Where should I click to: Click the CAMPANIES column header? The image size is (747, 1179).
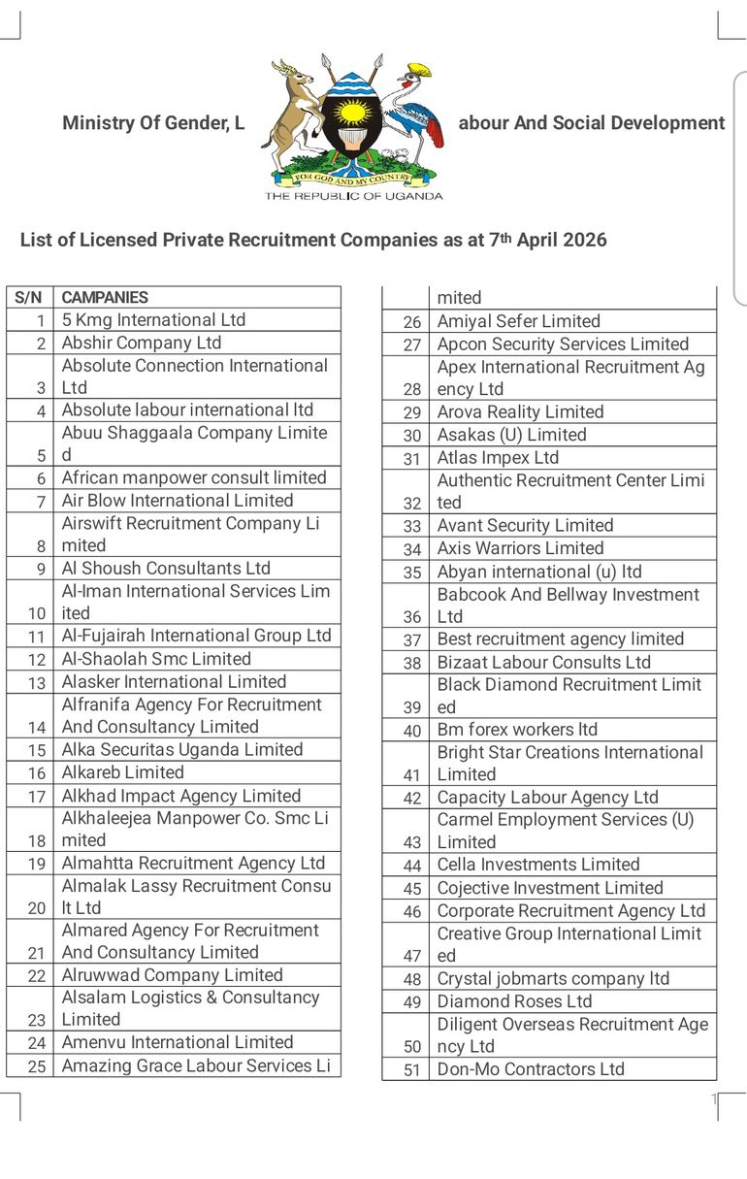click(x=105, y=298)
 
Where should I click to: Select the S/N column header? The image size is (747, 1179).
click(x=29, y=298)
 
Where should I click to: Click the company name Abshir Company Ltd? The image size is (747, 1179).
click(x=142, y=343)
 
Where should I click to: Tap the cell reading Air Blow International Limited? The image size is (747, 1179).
click(x=178, y=501)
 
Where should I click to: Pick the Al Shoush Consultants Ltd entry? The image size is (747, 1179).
click(x=166, y=569)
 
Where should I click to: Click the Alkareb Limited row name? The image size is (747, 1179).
click(x=122, y=772)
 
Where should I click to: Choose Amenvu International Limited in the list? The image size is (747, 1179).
click(x=178, y=1042)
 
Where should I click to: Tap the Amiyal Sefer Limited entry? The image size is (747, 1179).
click(x=518, y=321)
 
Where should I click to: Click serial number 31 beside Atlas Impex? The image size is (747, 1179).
click(x=412, y=459)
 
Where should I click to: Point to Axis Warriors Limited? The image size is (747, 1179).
click(x=520, y=548)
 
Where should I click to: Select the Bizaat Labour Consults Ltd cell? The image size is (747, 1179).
click(x=543, y=662)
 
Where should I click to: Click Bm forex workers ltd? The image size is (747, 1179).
click(x=517, y=730)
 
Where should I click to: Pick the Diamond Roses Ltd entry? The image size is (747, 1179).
click(x=514, y=1001)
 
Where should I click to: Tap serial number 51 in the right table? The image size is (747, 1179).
click(x=412, y=1070)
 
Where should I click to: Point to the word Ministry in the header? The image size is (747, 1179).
click(x=95, y=123)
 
